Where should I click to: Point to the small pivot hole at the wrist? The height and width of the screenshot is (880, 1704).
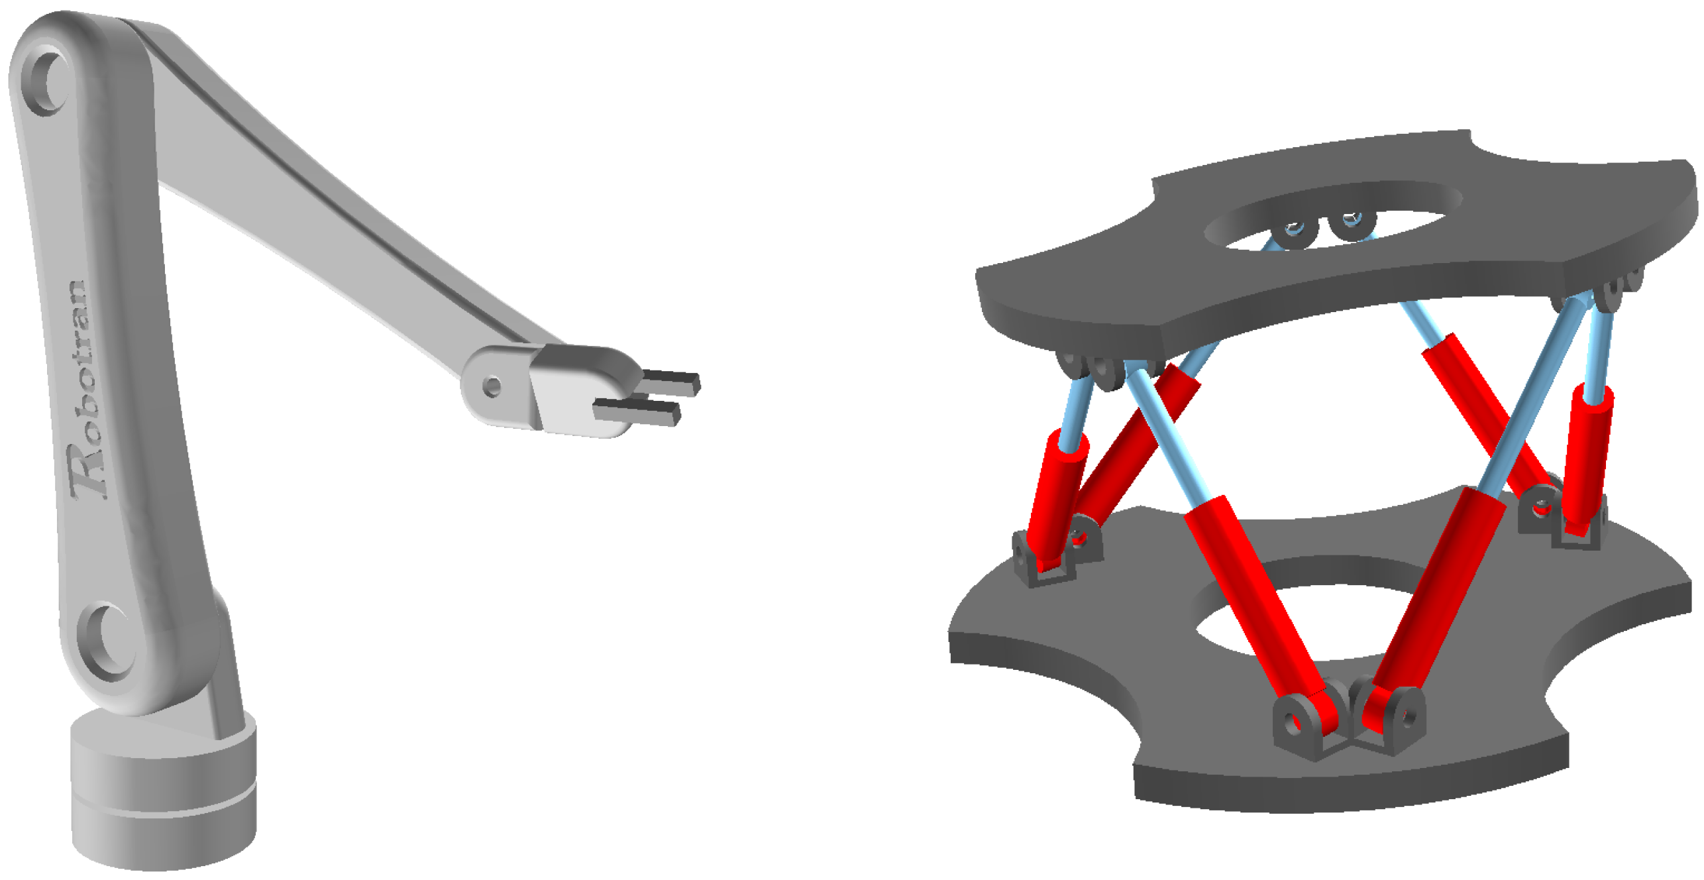492,387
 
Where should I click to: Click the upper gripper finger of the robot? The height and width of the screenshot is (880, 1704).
671,382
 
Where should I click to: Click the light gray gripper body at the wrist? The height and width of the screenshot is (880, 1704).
583,391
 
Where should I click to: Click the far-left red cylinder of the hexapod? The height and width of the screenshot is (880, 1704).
1057,500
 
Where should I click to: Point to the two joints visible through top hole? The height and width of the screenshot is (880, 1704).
1322,229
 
